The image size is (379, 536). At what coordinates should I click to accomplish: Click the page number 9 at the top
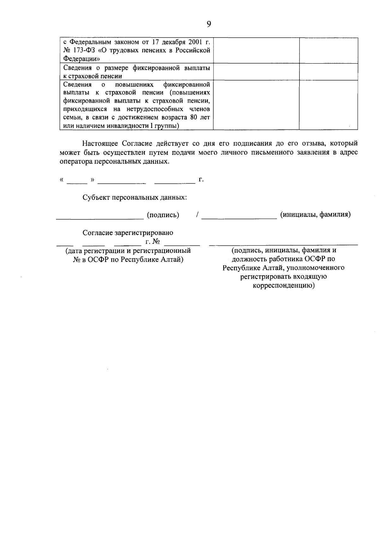(x=208, y=24)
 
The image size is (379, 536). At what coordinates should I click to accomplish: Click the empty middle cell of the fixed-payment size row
(x=256, y=72)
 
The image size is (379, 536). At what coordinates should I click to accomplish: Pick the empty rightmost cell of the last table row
(x=328, y=105)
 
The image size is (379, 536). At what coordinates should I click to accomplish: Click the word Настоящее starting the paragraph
(x=101, y=144)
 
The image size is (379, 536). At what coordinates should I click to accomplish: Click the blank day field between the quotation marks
(x=77, y=180)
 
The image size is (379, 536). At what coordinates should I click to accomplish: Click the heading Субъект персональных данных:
(x=135, y=198)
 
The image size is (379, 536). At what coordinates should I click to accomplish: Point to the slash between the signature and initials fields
(x=197, y=215)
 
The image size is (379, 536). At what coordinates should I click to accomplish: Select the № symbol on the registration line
(x=156, y=242)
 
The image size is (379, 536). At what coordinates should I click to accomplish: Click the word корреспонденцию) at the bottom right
(x=284, y=286)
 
